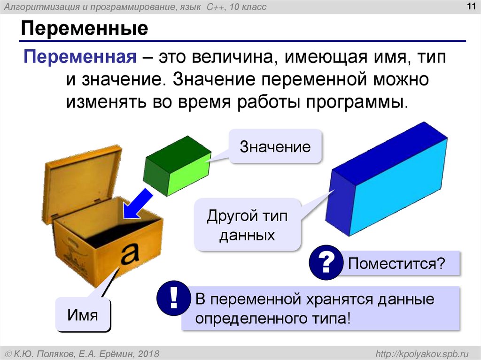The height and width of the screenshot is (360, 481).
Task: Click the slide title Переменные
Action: coord(84,29)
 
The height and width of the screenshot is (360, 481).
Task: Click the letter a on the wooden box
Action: coord(130,253)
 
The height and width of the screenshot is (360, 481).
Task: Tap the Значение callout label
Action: coord(275,146)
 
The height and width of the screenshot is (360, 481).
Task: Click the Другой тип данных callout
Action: coord(247,225)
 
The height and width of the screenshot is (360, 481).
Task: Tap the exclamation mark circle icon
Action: coord(174,299)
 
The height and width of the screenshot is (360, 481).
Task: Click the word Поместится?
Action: coord(396,263)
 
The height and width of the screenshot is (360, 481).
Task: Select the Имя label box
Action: coord(83,314)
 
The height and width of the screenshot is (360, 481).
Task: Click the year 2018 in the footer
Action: coord(147,353)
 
